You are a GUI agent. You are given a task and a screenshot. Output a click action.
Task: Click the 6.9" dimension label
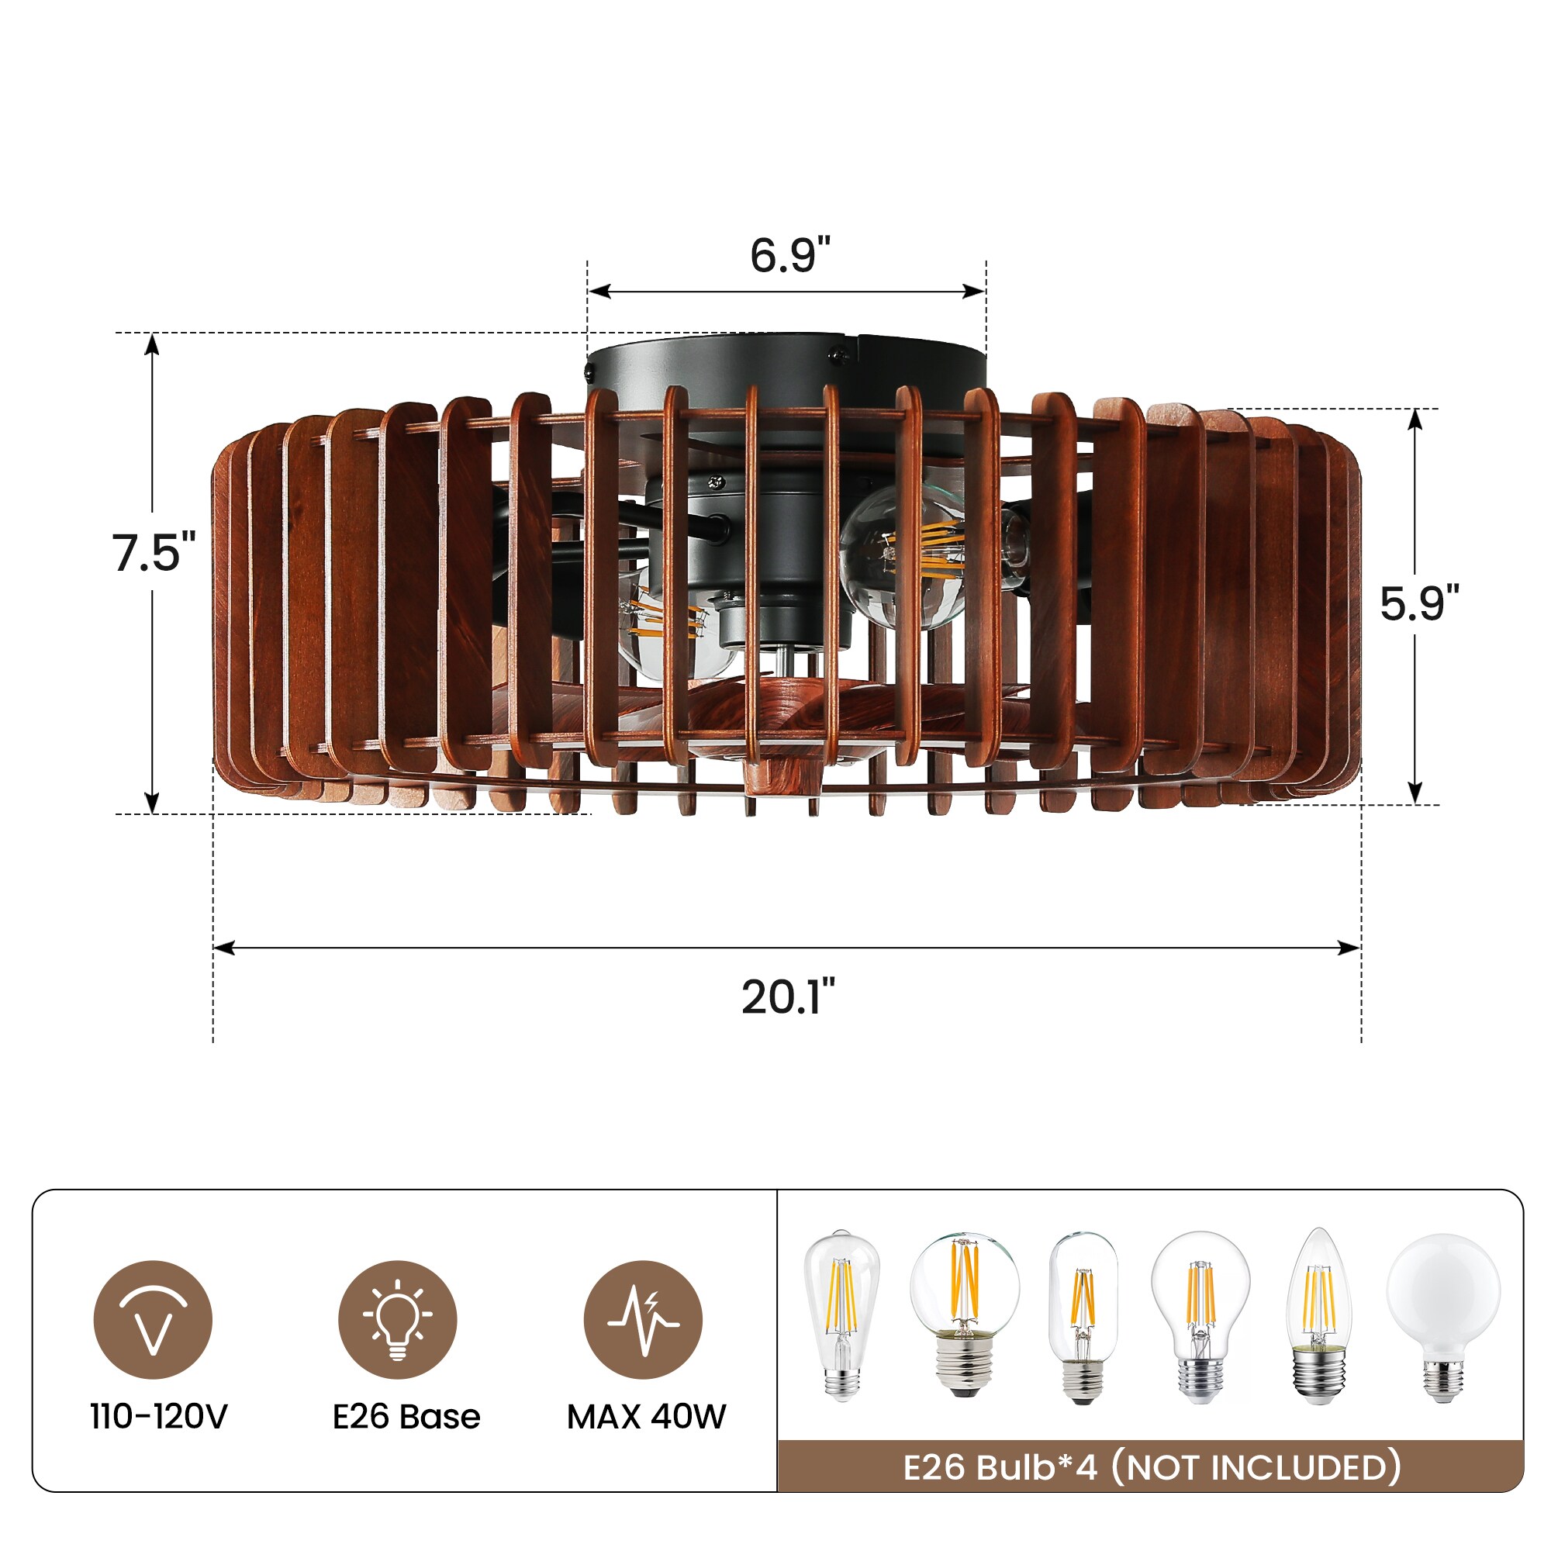(789, 255)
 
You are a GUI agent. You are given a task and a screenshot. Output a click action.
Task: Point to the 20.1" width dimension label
(789, 997)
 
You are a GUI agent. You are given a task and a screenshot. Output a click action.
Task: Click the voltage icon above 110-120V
(153, 1320)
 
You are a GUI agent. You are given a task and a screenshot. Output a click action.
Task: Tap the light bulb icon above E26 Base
(397, 1320)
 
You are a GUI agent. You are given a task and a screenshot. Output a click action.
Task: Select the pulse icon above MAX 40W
(643, 1320)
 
